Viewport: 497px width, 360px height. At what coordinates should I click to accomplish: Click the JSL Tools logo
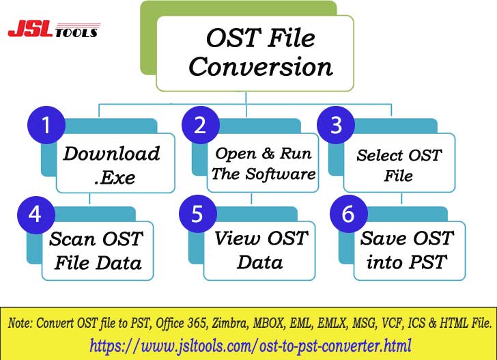point(53,30)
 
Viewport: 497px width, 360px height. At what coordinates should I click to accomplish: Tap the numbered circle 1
point(46,126)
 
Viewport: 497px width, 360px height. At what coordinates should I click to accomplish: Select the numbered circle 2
point(199,126)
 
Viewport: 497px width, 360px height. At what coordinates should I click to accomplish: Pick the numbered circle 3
point(335,126)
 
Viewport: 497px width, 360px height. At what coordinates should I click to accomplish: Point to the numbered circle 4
point(35,214)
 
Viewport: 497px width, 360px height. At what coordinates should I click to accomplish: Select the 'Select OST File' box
point(399,165)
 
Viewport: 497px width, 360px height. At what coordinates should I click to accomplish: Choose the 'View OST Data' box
point(260,250)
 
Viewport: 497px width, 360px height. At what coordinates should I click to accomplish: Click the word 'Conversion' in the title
point(260,67)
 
